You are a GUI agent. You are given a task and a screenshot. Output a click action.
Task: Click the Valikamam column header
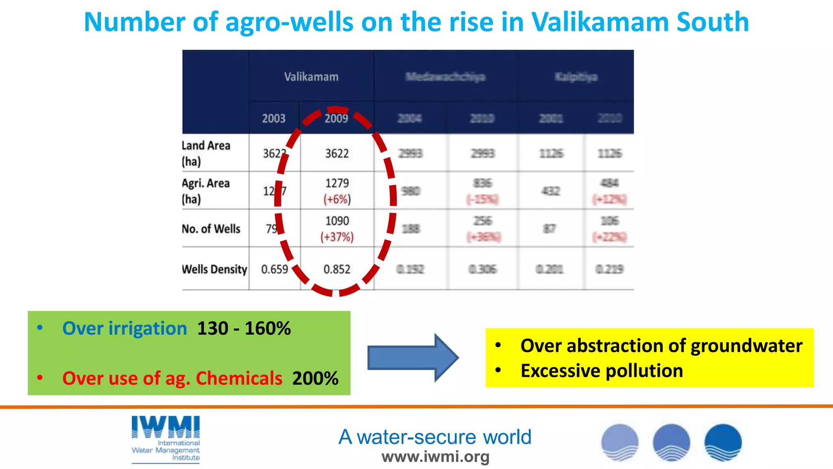point(311,77)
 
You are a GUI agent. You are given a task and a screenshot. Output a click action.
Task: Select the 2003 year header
point(273,118)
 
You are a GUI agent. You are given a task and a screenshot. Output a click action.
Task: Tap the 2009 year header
point(336,118)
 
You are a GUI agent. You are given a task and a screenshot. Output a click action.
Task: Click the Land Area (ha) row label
point(206,153)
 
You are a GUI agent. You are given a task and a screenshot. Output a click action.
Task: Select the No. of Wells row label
point(211,229)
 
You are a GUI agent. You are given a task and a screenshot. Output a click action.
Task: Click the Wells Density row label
point(214,269)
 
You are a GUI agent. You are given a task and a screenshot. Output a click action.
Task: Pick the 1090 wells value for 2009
point(337,221)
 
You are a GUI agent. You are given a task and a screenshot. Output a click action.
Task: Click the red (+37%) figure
point(337,237)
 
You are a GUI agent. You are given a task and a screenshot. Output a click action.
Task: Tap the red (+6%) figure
point(337,199)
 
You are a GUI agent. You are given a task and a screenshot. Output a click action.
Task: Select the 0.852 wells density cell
point(337,269)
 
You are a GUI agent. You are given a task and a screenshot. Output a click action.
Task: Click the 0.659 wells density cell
point(275,269)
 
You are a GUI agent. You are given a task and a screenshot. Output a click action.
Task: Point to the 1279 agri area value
point(337,183)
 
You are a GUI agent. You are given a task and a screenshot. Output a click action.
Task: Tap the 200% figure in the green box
point(315,378)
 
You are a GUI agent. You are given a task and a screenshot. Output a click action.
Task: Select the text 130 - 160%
point(244,328)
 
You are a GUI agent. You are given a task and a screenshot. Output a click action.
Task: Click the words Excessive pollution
point(602,371)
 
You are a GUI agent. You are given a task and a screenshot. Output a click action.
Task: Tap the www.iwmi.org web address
point(435,457)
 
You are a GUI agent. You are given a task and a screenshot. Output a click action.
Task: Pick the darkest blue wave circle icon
point(723,442)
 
